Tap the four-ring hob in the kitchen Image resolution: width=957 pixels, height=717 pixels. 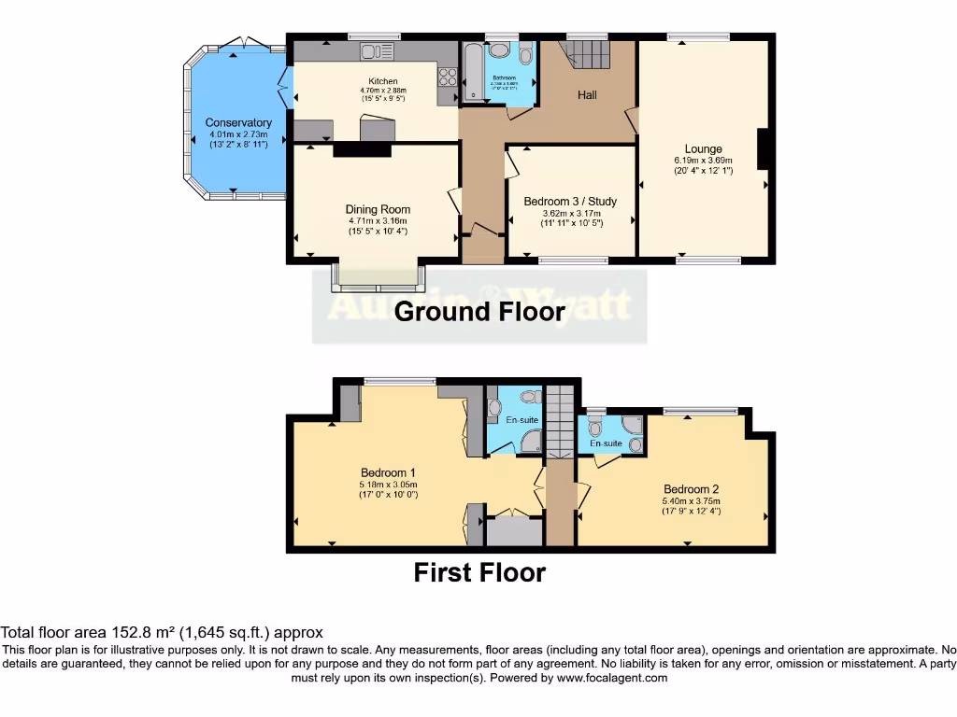pyautogui.click(x=447, y=84)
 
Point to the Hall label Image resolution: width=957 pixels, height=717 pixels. pyautogui.click(x=587, y=95)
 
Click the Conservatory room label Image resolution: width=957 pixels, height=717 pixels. pyautogui.click(x=238, y=123)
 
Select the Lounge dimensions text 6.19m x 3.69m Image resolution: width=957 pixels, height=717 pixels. pyautogui.click(x=703, y=161)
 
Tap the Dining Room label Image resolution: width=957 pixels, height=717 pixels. pyautogui.click(x=378, y=209)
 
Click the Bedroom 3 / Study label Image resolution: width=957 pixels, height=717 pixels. pyautogui.click(x=570, y=202)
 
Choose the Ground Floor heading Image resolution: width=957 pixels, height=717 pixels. pyautogui.click(x=479, y=312)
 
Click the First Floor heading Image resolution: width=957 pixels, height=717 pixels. pyautogui.click(x=479, y=572)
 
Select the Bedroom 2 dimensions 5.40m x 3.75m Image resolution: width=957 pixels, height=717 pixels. pyautogui.click(x=691, y=500)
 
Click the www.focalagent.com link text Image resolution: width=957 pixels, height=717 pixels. pyautogui.click(x=611, y=678)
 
